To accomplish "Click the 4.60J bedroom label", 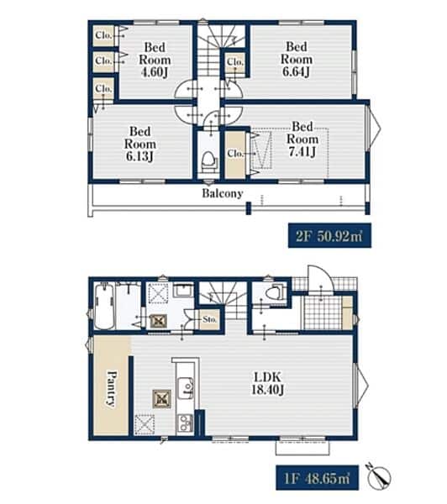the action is pyautogui.click(x=155, y=60).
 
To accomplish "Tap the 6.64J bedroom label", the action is pyautogui.click(x=297, y=59).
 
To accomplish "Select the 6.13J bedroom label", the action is pyautogui.click(x=140, y=144).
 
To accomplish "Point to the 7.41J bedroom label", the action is pyautogui.click(x=302, y=139).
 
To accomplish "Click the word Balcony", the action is pyautogui.click(x=222, y=193).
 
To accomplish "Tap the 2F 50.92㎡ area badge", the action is pyautogui.click(x=329, y=236).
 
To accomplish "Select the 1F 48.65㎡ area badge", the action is pyautogui.click(x=317, y=478).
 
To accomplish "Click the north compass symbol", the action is pyautogui.click(x=381, y=475).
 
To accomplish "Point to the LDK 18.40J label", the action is pyautogui.click(x=267, y=384).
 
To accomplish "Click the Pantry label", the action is pyautogui.click(x=112, y=389).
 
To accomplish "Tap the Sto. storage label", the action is pyautogui.click(x=210, y=319).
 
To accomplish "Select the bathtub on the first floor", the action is pyautogui.click(x=104, y=306).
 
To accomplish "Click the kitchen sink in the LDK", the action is pyautogui.click(x=186, y=388).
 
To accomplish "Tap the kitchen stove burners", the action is pyautogui.click(x=186, y=423).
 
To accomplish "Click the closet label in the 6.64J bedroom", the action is pyautogui.click(x=235, y=61).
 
